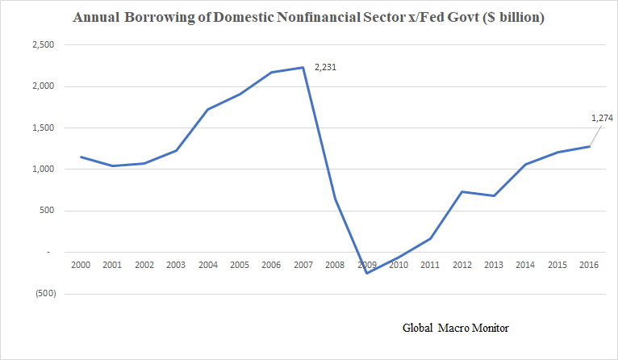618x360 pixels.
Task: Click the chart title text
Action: pyautogui.click(x=308, y=17)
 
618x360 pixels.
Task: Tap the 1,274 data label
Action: pyautogui.click(x=602, y=118)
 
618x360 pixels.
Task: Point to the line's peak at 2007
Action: pyautogui.click(x=303, y=68)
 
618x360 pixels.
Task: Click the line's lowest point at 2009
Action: pyautogui.click(x=367, y=273)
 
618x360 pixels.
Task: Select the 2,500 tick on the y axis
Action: pyautogui.click(x=41, y=45)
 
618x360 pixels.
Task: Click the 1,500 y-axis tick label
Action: pyautogui.click(x=41, y=128)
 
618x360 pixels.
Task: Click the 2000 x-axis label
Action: pyautogui.click(x=80, y=264)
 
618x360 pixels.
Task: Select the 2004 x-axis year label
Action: pyautogui.click(x=207, y=264)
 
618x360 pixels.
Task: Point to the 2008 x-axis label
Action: pyautogui.click(x=335, y=264)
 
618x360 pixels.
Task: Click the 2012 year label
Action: pyautogui.click(x=462, y=264)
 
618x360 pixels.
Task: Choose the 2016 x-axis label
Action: pyautogui.click(x=590, y=264)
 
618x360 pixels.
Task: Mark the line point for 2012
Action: pyautogui.click(x=462, y=191)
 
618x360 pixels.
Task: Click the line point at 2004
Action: pyautogui.click(x=207, y=110)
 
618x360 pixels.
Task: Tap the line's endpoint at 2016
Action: pyautogui.click(x=590, y=146)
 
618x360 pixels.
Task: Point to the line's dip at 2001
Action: pyautogui.click(x=112, y=165)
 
